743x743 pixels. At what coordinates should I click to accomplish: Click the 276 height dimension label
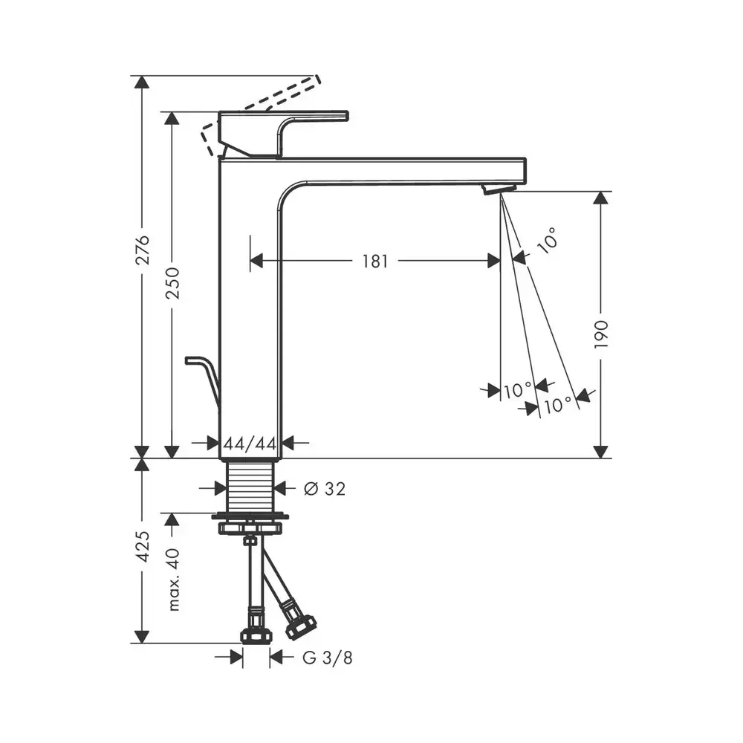pos(143,250)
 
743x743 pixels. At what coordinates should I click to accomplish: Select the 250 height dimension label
pos(172,283)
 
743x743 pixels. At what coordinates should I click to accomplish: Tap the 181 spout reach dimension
pos(374,261)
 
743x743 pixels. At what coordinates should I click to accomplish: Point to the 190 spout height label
pos(601,334)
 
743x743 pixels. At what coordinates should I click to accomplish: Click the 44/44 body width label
pos(250,444)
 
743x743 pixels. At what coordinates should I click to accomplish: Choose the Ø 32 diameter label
pos(325,489)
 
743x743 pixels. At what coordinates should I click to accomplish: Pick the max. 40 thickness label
pos(174,579)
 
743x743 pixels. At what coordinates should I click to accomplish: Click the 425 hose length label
pos(143,546)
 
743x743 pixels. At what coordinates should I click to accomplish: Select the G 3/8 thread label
pos(328,658)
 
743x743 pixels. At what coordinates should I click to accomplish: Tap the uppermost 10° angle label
pos(548,241)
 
